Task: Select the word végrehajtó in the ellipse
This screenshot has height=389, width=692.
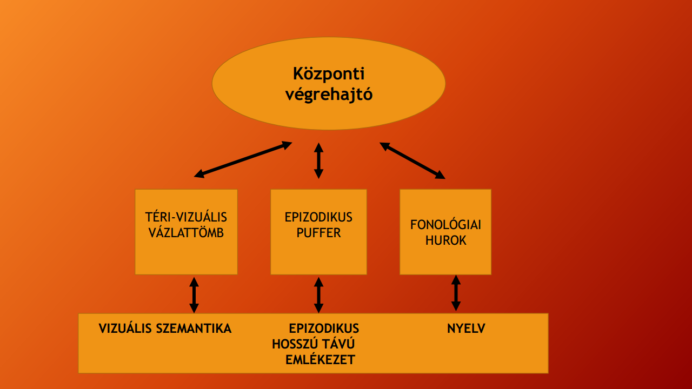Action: point(328,95)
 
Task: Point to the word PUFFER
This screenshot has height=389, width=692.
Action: point(318,233)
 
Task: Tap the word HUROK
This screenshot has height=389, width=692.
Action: point(445,240)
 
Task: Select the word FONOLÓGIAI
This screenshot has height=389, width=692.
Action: point(445,225)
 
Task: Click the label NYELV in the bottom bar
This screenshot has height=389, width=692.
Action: point(466,328)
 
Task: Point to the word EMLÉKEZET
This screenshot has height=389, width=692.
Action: point(320,359)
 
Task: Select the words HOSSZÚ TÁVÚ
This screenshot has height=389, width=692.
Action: point(317,344)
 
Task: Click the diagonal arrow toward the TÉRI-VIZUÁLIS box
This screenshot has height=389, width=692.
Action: point(243,159)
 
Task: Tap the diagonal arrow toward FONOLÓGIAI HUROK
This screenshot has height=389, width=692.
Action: point(412,160)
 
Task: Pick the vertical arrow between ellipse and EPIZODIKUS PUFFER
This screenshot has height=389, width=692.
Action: point(318,160)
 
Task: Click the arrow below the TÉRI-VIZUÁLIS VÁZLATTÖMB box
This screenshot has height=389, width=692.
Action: point(194,294)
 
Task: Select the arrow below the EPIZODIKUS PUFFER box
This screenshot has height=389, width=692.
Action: point(318,294)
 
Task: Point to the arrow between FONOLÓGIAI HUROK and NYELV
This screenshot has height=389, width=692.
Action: point(456,293)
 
